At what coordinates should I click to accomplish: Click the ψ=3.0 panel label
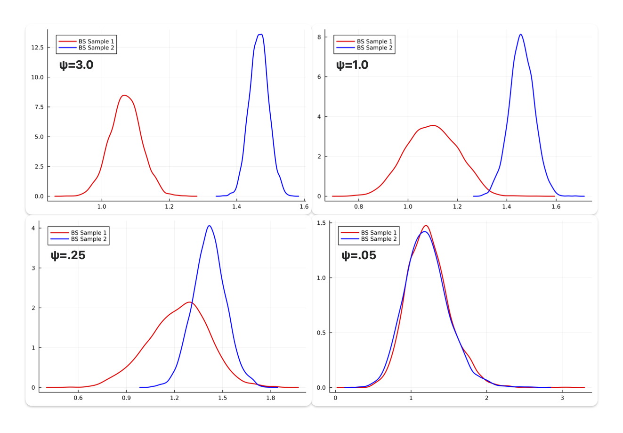(76, 65)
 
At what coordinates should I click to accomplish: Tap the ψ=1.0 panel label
(352, 65)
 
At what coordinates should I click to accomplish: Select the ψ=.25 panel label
(68, 256)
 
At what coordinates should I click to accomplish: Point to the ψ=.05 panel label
(359, 256)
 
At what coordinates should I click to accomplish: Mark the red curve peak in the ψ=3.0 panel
(124, 95)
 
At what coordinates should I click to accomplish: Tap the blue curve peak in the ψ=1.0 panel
(520, 34)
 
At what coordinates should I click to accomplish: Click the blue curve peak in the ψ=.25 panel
(209, 226)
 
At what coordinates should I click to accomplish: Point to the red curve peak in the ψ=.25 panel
(189, 302)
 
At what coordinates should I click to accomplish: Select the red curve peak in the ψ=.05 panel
(426, 225)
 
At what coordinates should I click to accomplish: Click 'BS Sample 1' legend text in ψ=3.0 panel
(96, 41)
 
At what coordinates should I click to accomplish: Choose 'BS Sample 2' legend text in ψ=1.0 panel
(374, 48)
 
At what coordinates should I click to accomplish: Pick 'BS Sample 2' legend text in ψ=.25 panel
(89, 239)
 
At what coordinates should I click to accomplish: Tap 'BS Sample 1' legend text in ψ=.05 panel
(379, 233)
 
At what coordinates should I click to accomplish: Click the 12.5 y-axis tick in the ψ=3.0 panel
(37, 48)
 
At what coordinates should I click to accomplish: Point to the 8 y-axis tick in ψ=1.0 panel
(319, 37)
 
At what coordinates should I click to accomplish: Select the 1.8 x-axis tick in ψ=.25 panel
(270, 398)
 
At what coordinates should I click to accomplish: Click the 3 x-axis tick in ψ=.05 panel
(562, 398)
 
